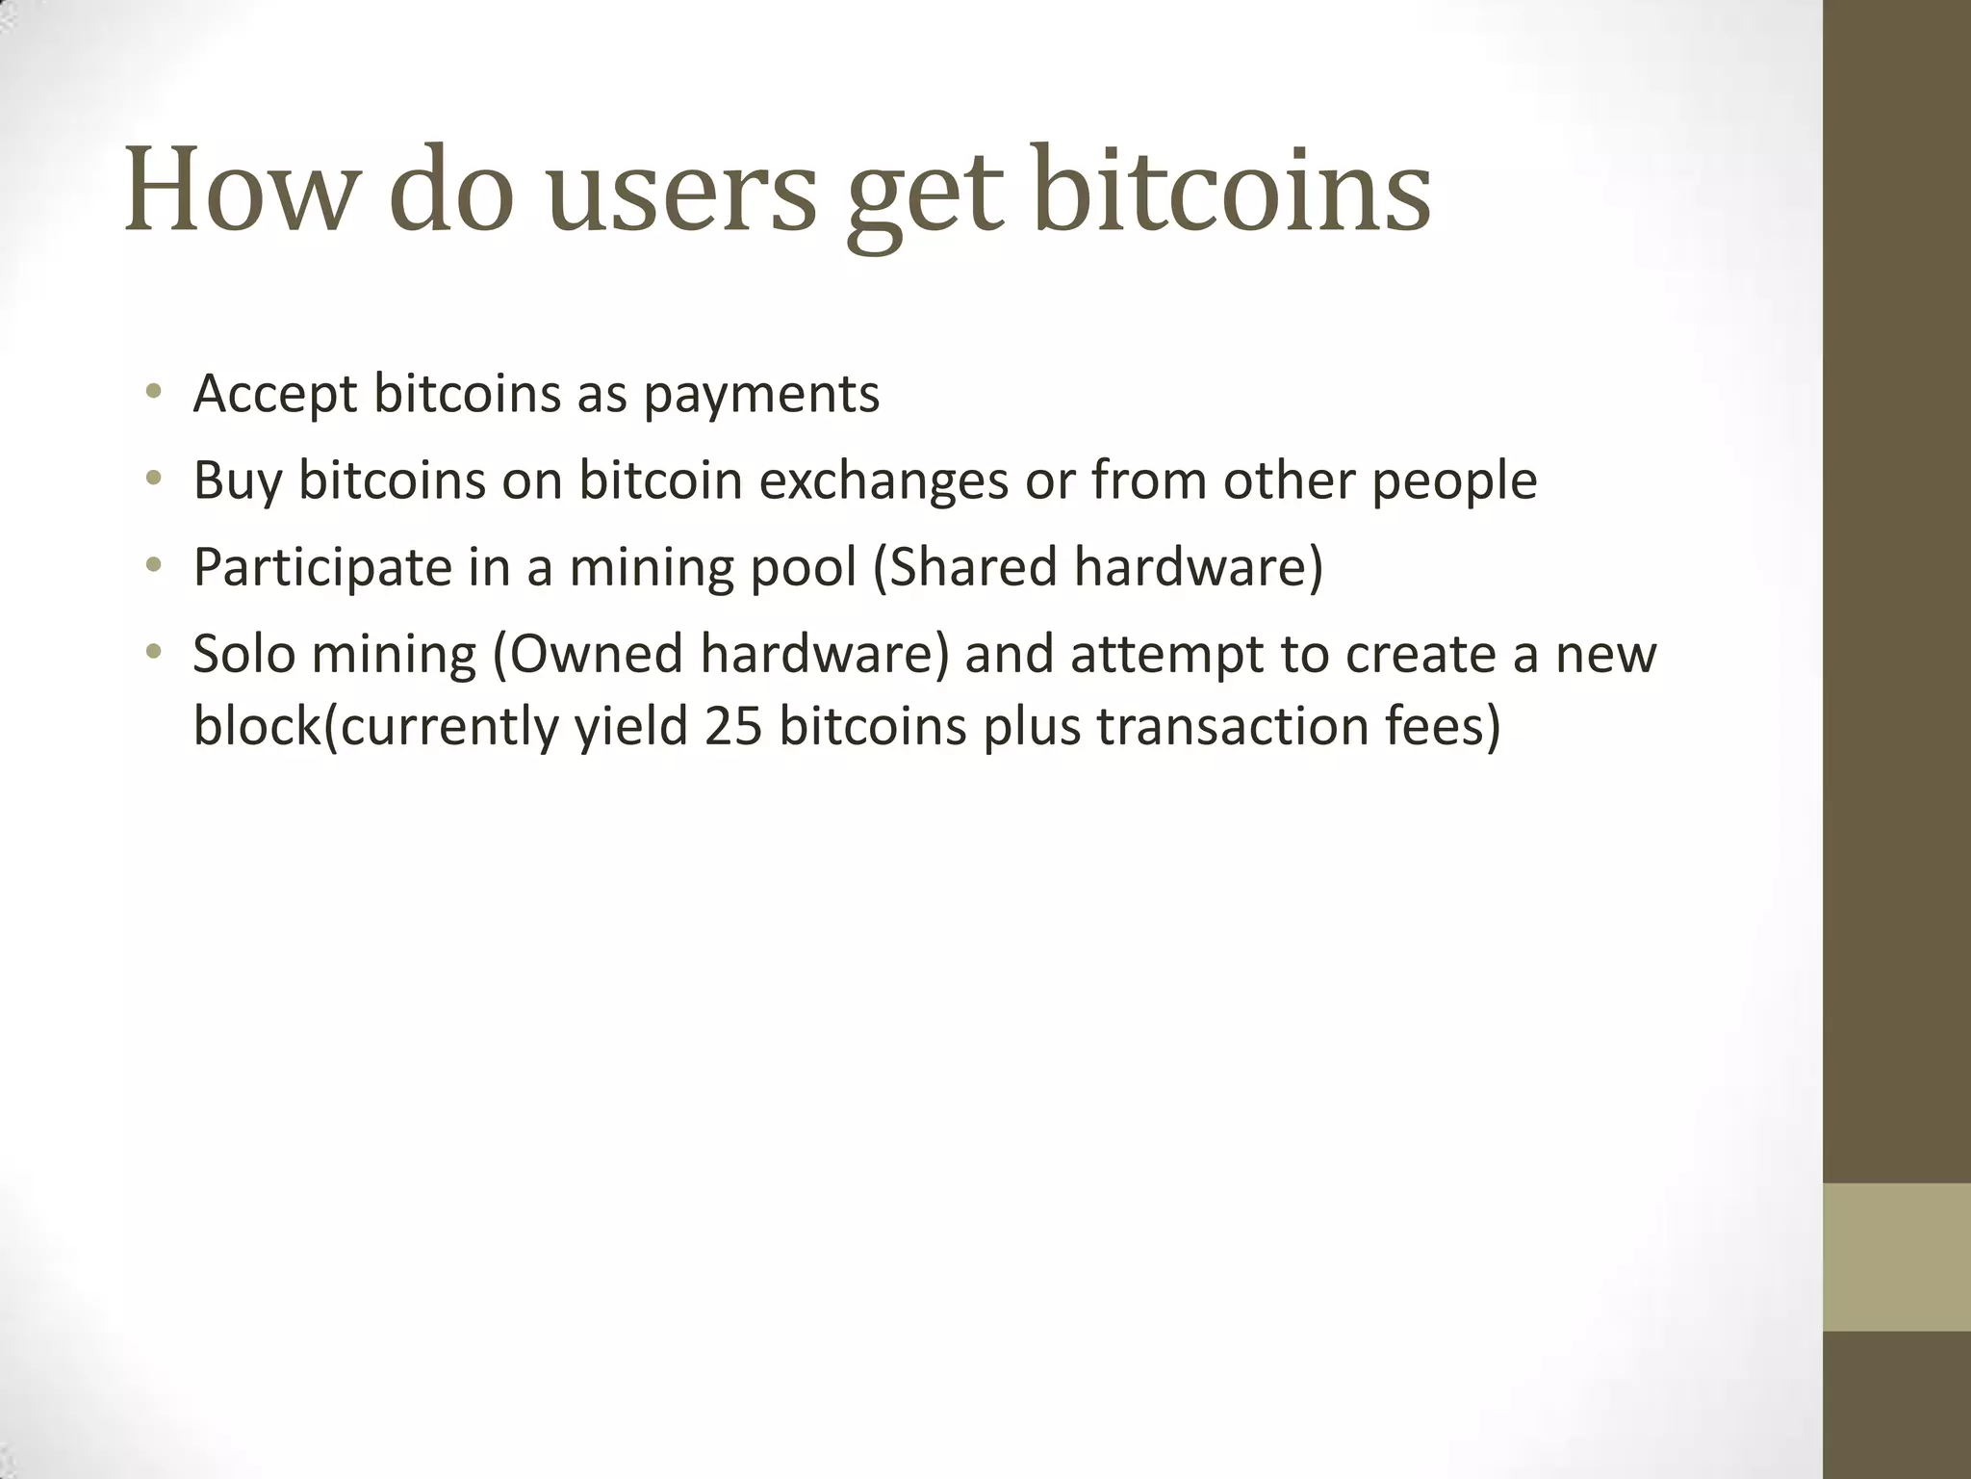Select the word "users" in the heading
[x=681, y=190]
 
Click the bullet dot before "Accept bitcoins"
[x=153, y=392]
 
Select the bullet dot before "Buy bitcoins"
[x=153, y=479]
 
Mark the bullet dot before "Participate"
[x=153, y=565]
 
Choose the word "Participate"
[x=322, y=567]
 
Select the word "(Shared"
[x=965, y=567]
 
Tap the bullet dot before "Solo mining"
[x=153, y=652]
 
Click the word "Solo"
[x=243, y=654]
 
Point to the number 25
[x=733, y=726]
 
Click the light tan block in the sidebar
[x=1897, y=1257]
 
